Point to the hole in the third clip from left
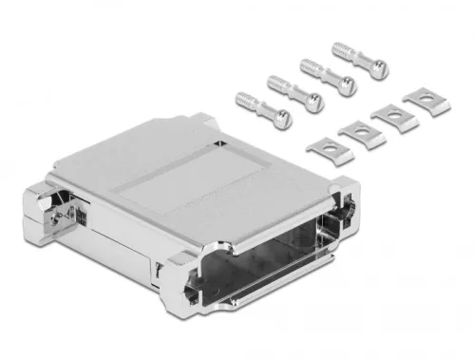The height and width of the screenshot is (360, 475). point(391,114)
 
